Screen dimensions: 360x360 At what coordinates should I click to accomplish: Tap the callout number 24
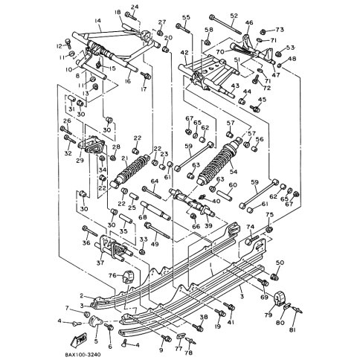tap(134, 7)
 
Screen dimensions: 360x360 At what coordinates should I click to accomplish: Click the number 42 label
tap(184, 53)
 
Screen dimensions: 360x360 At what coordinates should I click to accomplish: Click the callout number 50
tap(280, 263)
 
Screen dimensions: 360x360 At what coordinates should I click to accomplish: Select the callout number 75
tap(270, 215)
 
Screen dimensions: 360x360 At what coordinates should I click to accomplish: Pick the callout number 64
tap(155, 181)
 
